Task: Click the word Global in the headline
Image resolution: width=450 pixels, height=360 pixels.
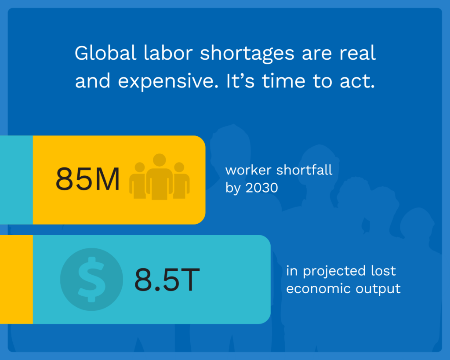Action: coord(105,53)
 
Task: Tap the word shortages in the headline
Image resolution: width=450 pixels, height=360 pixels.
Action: coord(247,54)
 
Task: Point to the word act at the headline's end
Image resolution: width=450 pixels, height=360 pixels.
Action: coord(357,81)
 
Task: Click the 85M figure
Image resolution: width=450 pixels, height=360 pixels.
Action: coord(87,179)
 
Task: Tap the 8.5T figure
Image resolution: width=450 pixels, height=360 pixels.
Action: coord(167,279)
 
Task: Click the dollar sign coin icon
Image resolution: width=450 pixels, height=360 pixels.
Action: coord(91,279)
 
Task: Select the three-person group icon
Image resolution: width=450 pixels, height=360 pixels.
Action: coord(159,177)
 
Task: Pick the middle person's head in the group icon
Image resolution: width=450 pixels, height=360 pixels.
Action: coord(159,160)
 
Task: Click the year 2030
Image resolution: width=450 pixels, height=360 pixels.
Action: coord(262,188)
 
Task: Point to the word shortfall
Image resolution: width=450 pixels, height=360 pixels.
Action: coord(304,170)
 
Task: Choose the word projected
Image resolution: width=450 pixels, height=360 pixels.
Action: coord(334,272)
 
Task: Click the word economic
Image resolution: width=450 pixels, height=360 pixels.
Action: coord(318,289)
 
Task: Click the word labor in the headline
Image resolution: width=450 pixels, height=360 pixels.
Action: coord(168,53)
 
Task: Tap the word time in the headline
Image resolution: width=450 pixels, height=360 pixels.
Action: coord(283,81)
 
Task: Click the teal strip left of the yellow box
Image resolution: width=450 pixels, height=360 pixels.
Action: coord(16,180)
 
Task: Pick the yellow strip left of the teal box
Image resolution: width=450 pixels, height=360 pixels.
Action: coord(16,279)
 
